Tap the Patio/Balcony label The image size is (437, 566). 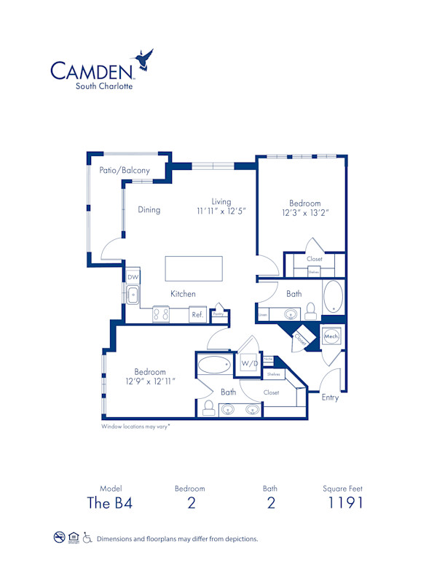tap(125, 171)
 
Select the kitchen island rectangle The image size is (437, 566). tap(194, 268)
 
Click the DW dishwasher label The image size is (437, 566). tap(133, 278)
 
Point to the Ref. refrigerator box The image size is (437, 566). tap(197, 315)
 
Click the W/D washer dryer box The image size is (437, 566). tap(249, 363)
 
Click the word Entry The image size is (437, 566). tap(330, 398)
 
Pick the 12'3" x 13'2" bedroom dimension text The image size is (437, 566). tap(304, 213)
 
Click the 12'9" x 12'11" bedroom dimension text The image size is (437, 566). tap(149, 381)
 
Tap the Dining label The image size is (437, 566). tap(149, 210)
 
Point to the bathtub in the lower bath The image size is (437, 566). tap(216, 365)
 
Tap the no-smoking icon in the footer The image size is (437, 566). tap(59, 538)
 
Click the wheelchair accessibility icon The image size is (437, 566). tap(87, 538)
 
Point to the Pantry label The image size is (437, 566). tap(218, 314)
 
